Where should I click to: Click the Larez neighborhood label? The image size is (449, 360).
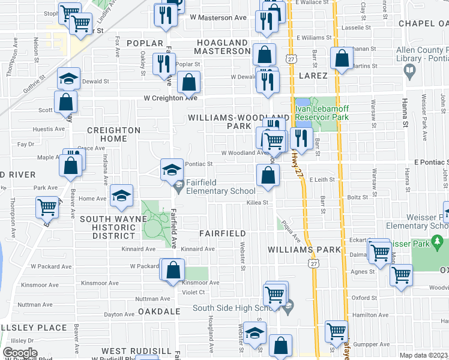tap(313, 76)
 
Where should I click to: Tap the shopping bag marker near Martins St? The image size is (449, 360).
tap(342, 59)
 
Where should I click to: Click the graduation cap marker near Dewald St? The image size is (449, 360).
tap(69, 79)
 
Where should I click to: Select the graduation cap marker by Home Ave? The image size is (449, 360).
tap(122, 196)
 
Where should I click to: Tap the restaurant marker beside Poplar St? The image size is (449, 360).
tap(164, 64)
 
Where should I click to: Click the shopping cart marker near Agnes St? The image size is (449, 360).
tap(401, 276)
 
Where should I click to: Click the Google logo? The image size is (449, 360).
tap(20, 353)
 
